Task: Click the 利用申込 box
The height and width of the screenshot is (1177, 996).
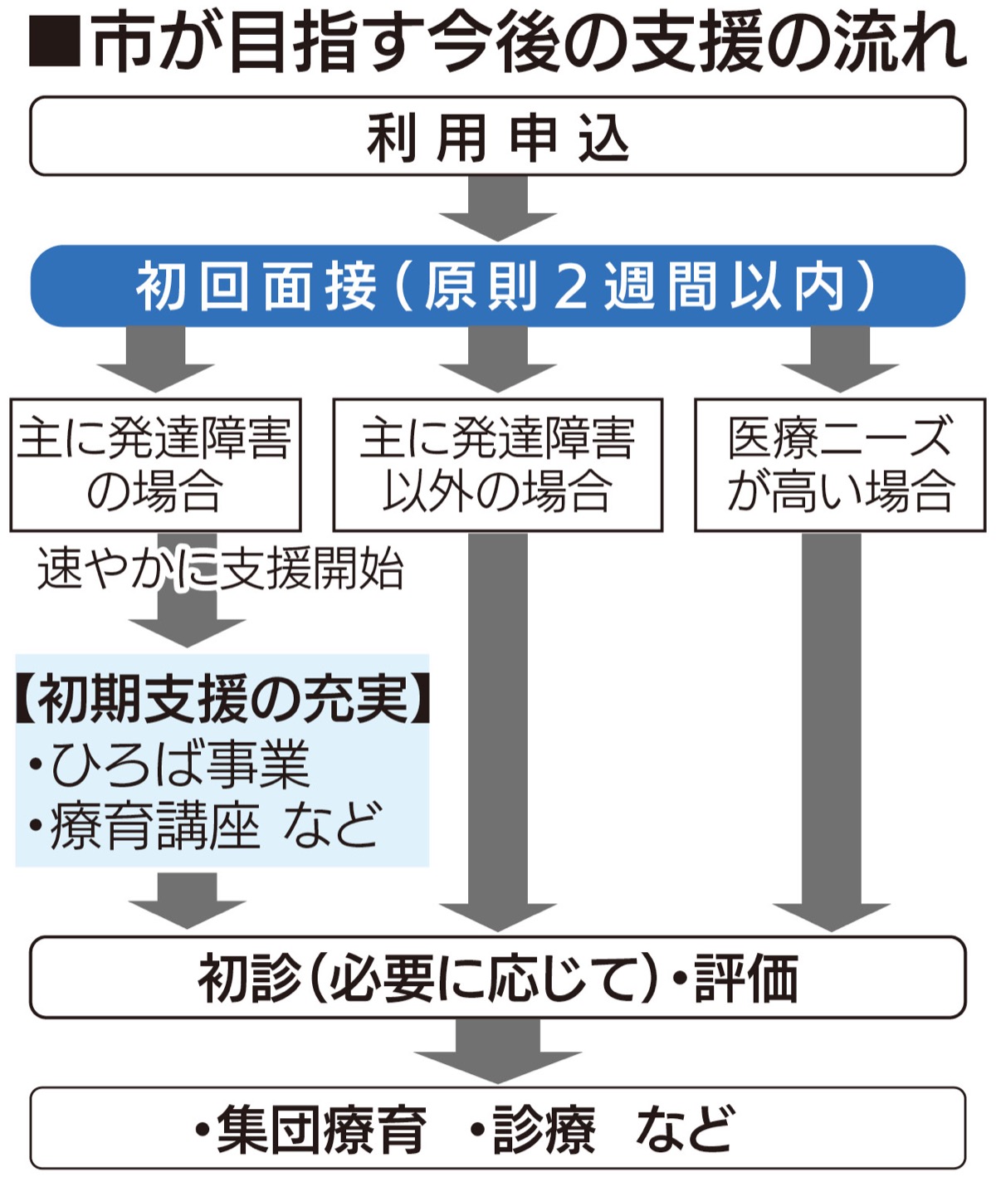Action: [498, 136]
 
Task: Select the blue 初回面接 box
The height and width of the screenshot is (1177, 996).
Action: [498, 286]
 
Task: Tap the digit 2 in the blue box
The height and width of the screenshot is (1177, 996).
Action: [571, 287]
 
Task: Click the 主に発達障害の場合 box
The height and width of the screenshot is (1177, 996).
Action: [155, 465]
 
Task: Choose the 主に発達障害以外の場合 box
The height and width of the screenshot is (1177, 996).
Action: [498, 465]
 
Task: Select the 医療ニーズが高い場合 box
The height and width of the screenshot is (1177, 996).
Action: [839, 465]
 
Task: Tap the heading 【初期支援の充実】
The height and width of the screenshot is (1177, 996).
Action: [222, 698]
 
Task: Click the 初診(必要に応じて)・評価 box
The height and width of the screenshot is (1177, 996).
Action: [498, 978]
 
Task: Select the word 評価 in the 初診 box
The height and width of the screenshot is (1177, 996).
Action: [746, 979]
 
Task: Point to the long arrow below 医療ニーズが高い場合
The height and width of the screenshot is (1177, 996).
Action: [831, 730]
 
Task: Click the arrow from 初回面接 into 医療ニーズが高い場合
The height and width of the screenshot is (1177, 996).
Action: [839, 357]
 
